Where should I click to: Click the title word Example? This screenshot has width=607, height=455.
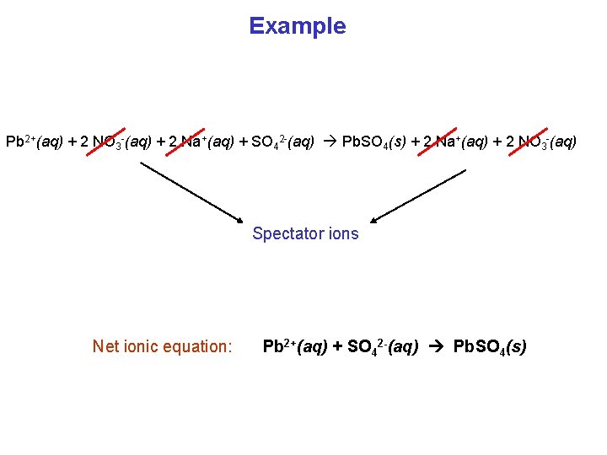click(297, 26)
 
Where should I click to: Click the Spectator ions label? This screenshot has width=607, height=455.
click(305, 233)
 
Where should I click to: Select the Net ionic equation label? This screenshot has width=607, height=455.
click(162, 346)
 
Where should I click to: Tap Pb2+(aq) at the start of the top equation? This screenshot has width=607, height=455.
click(34, 142)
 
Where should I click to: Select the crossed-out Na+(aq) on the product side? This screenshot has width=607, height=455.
click(459, 142)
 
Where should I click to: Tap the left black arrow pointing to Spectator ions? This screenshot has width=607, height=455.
click(191, 191)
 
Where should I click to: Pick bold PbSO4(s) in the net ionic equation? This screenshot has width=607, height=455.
click(490, 346)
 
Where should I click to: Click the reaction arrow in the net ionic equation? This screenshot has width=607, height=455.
click(438, 346)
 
